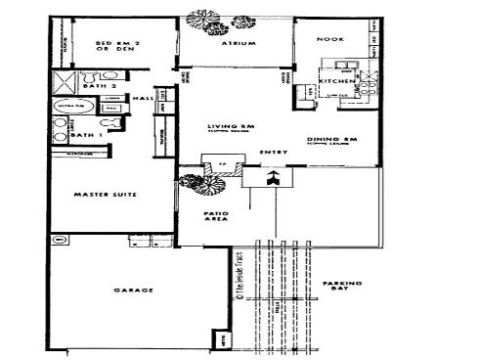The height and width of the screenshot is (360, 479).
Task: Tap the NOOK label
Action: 329,38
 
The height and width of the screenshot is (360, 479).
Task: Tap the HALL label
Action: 139,99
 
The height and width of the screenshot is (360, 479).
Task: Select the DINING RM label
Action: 326,140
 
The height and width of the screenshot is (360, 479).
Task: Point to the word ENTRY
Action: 271,153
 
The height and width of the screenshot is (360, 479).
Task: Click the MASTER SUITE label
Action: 104,196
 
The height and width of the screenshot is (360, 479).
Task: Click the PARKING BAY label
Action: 342,287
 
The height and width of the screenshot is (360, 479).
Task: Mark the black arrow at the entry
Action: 275,177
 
